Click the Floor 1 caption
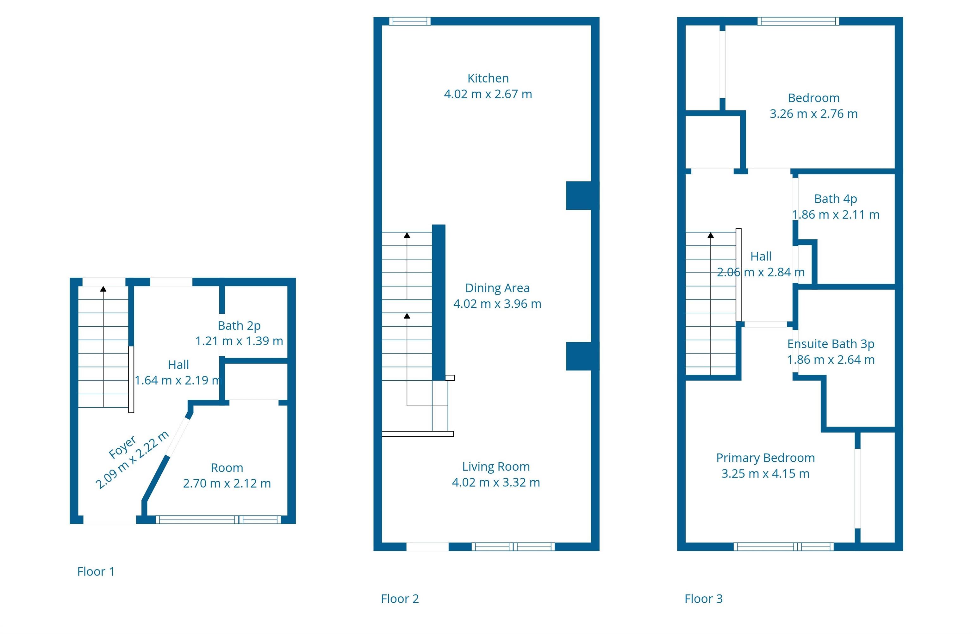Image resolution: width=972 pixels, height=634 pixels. coord(96,571)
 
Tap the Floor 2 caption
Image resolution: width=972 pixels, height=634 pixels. coord(400,599)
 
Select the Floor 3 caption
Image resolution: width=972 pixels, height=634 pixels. coord(704,599)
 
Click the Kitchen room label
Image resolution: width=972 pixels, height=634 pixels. coord(488,78)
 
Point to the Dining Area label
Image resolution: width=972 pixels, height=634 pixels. coord(497,288)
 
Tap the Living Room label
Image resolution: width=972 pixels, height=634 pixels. coord(496,467)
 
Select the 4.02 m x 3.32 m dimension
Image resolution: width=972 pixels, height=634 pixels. coord(496,482)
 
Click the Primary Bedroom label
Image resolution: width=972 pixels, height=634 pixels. coord(766,458)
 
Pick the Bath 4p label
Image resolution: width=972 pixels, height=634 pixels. coord(836,199)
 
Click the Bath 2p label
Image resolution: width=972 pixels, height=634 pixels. coord(239,326)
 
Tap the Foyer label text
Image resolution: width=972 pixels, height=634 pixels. coord(122,447)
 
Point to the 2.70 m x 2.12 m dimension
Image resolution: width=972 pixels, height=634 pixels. coord(227,483)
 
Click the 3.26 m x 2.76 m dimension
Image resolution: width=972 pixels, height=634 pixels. coord(814,114)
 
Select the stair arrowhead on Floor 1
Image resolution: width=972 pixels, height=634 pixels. coord(103,289)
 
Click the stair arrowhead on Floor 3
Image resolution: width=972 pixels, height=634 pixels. coord(711,235)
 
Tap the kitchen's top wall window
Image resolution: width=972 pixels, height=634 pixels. coord(410,21)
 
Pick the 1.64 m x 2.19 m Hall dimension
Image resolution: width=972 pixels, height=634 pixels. coord(178,380)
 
